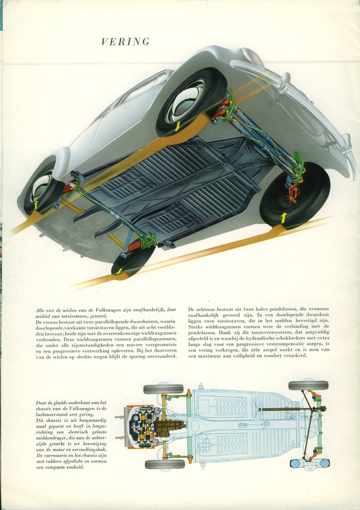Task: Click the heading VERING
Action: click(125, 42)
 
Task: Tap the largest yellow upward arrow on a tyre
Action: click(284, 217)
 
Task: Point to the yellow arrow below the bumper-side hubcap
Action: click(177, 127)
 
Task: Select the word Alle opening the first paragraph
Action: click(40, 310)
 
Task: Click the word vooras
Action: click(49, 322)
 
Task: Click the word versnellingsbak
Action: click(87, 450)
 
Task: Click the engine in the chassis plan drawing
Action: click(142, 426)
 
